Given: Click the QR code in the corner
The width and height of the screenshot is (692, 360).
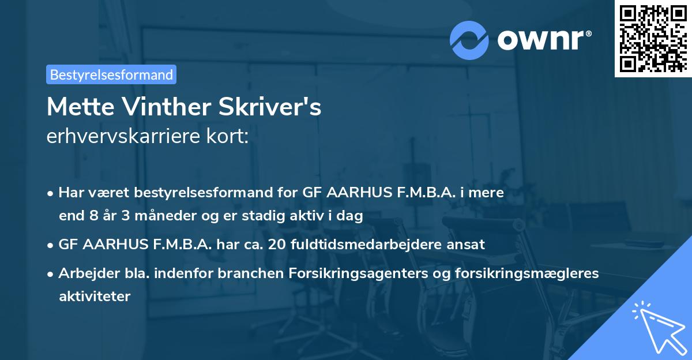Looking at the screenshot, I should point(653,38).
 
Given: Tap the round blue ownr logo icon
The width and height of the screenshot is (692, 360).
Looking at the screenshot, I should point(470,40).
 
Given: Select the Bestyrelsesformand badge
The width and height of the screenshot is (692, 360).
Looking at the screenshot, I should point(111,74).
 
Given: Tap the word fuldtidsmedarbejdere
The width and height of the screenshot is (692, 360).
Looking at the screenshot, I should point(369,244).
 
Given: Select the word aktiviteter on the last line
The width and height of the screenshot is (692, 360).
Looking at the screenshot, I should point(95,296).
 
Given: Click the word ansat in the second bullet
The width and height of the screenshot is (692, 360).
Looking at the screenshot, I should point(468,244).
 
